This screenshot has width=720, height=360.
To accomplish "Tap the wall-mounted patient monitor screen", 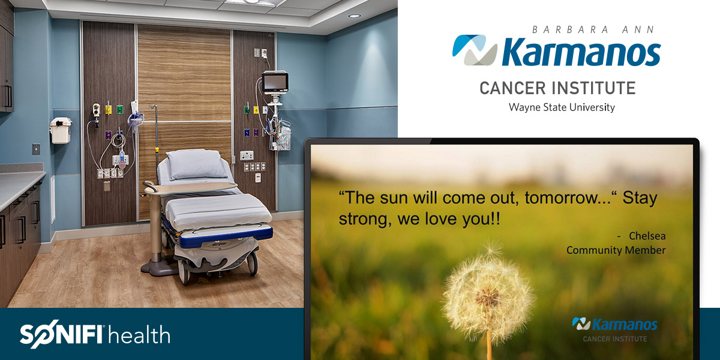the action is click(x=275, y=82).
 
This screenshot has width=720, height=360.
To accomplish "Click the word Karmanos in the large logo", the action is click(x=581, y=52).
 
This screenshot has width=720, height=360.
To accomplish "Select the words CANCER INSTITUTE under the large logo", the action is click(x=557, y=88).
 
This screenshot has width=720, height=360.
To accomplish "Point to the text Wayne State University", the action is click(x=562, y=107).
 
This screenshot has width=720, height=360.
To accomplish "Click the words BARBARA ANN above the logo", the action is click(x=593, y=30).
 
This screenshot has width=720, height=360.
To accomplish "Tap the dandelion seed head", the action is click(x=488, y=296).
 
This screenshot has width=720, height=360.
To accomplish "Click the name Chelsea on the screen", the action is click(x=647, y=236).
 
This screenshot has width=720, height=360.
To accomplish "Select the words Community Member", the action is click(x=616, y=250).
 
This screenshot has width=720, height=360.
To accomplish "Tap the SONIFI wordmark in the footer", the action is click(x=61, y=334).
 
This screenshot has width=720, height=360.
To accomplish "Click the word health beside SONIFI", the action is click(x=139, y=335).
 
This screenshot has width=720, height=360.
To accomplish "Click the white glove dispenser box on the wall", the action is click(x=61, y=130).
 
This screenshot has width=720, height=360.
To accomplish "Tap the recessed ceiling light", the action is click(x=354, y=16).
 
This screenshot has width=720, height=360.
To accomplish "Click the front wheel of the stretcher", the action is click(x=185, y=273).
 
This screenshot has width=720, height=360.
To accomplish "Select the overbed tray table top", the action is click(x=191, y=188).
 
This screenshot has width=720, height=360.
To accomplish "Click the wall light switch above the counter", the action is click(x=37, y=149).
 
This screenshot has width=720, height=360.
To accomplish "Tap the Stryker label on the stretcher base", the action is click(x=219, y=244).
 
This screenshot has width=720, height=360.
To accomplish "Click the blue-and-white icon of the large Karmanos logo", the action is click(x=475, y=50).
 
